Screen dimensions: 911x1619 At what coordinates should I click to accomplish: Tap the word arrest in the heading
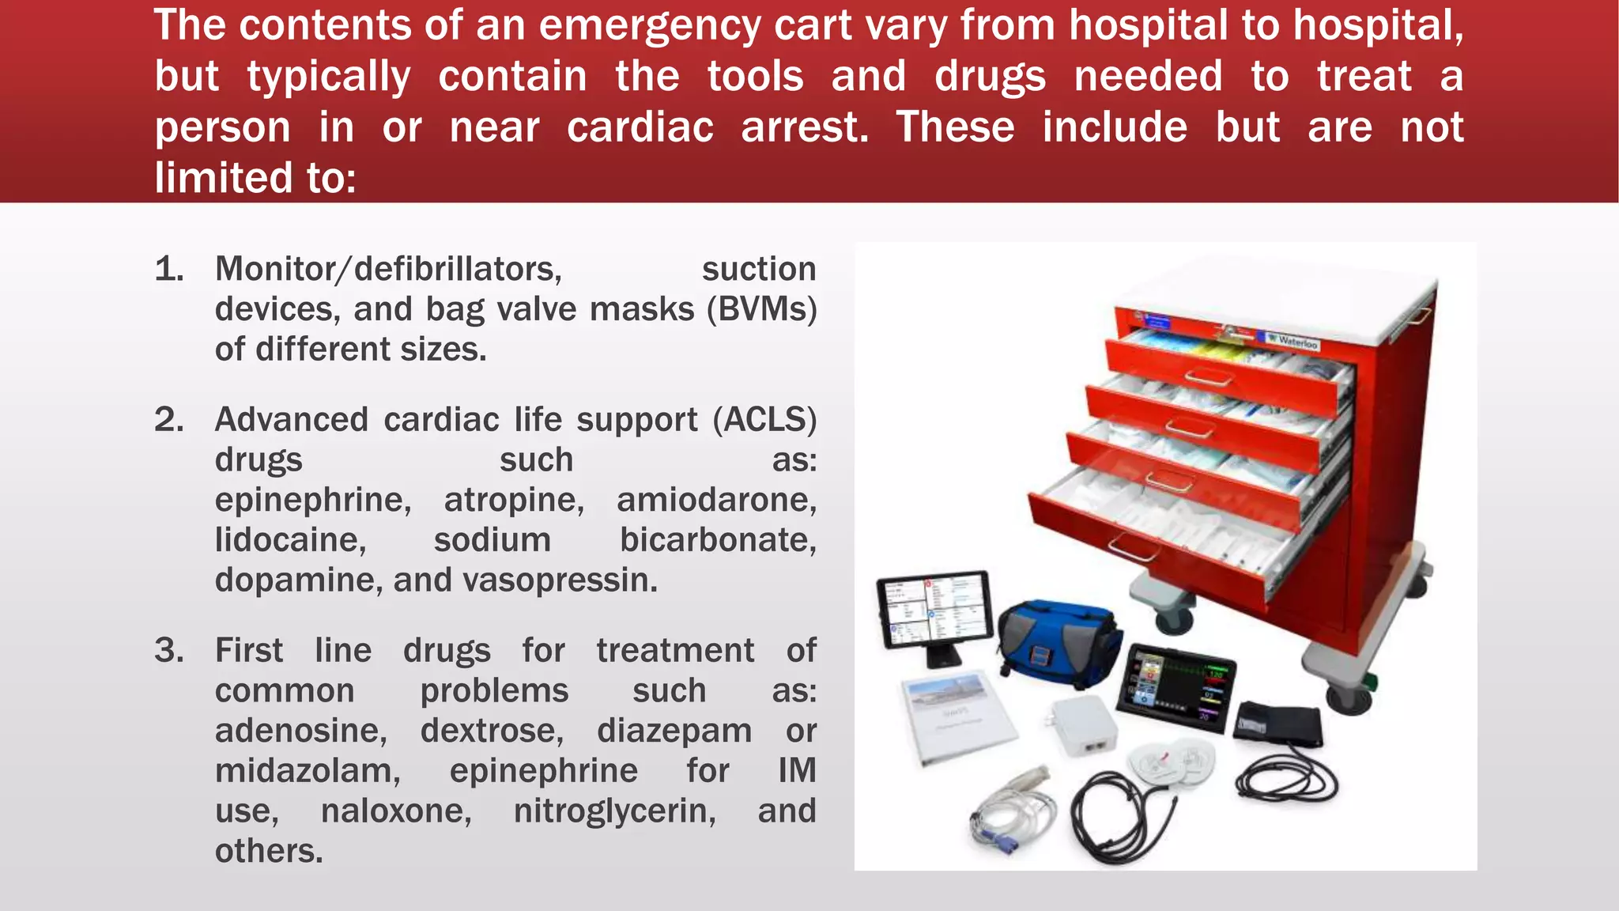coord(804,127)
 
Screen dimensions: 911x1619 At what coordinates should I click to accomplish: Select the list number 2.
coord(169,420)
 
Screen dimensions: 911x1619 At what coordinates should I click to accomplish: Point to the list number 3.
coord(169,651)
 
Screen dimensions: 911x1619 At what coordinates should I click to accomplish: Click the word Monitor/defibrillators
coord(388,270)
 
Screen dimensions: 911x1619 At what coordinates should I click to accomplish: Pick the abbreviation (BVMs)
coord(761,309)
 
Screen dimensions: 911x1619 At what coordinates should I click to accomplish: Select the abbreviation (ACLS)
coord(764,420)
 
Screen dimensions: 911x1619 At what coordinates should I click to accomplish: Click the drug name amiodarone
coord(716,501)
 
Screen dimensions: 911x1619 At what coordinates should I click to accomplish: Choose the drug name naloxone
coord(396,811)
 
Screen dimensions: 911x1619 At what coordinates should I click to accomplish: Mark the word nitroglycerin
coord(615,811)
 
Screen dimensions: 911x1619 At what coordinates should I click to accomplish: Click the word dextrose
coord(492,731)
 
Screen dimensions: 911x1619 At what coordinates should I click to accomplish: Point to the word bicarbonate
coord(718,541)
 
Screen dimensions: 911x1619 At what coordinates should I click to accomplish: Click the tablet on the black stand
coord(935,610)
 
